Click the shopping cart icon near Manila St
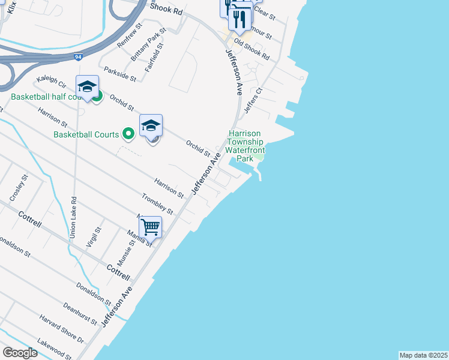[x=150, y=227]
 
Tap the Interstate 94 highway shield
[x=79, y=57]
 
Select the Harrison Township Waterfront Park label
[x=244, y=146]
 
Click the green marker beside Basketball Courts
[x=127, y=134]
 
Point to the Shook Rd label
[x=166, y=11]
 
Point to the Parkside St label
[x=120, y=74]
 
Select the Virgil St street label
[x=98, y=238]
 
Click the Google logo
[x=20, y=352]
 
